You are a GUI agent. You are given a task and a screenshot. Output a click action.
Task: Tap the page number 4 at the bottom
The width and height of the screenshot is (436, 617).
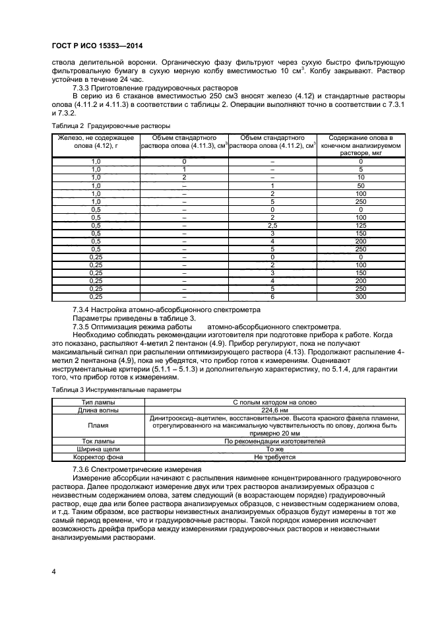tap(53, 569)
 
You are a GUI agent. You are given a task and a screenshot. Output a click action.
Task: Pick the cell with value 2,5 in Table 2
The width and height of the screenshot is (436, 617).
tap(272, 224)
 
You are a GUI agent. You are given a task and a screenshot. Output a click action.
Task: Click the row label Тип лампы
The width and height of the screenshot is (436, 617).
tap(98, 402)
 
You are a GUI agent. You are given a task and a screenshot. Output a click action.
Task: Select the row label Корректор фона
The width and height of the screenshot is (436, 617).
tap(98, 457)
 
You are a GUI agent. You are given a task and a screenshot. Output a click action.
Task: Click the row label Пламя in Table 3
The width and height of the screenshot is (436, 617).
tap(98, 426)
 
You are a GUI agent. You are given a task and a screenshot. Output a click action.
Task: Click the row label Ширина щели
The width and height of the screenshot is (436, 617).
tap(98, 449)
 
